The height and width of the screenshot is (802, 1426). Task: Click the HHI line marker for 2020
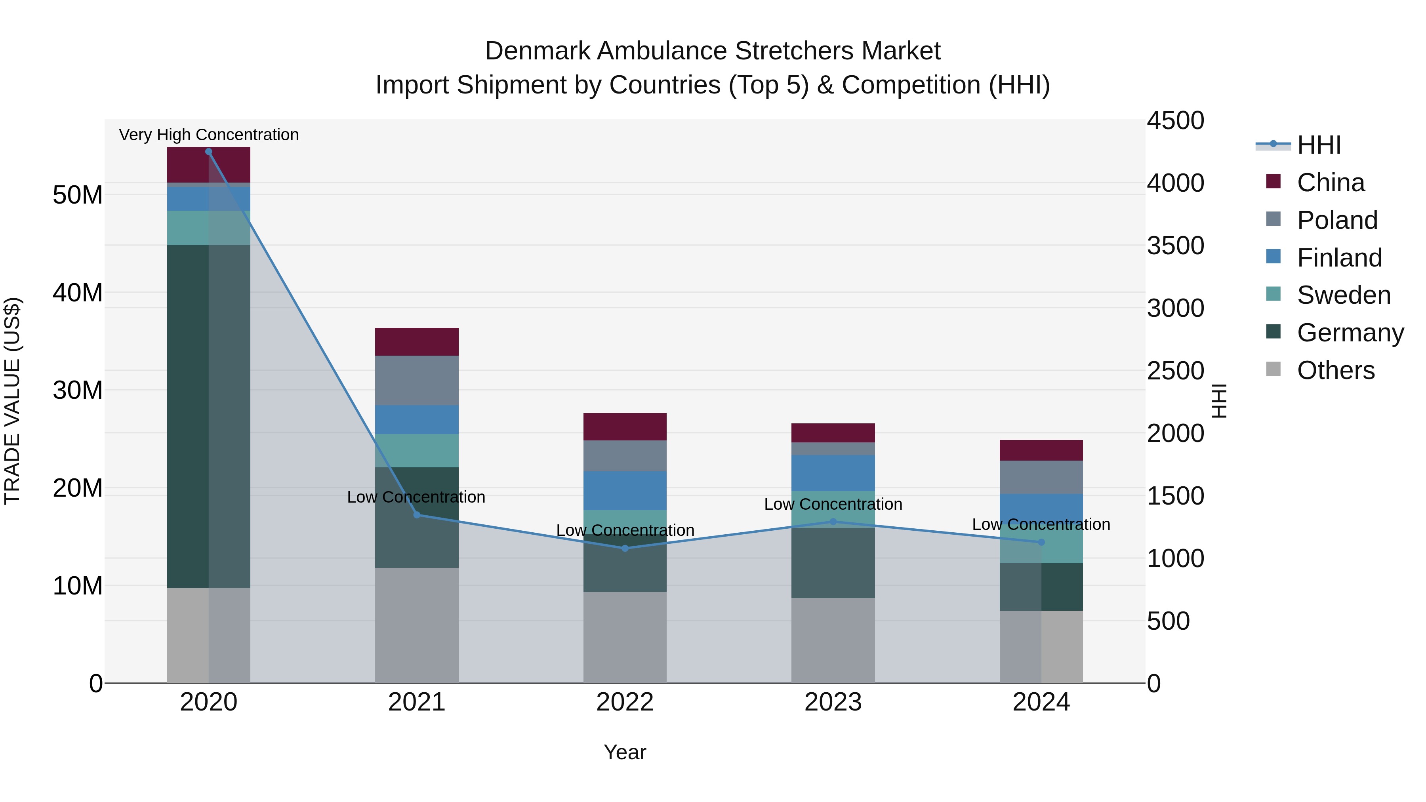209,152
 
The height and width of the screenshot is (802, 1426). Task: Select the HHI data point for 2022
625,549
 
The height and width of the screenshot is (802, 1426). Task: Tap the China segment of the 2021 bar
417,341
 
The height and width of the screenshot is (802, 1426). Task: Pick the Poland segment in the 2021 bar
417,380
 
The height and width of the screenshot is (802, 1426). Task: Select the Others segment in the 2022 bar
625,637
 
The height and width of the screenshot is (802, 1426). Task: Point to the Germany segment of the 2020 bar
188,416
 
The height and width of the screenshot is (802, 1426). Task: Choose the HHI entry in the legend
1319,145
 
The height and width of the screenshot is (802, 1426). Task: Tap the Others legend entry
1335,370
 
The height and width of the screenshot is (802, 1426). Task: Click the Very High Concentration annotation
209,135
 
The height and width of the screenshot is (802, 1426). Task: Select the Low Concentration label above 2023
833,504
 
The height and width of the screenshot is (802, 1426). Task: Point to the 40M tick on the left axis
78,293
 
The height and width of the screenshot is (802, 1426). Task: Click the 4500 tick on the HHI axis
1175,121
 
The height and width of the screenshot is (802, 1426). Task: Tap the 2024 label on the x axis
1041,702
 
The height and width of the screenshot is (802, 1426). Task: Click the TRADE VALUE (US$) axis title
12,401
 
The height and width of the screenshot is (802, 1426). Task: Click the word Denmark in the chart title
538,51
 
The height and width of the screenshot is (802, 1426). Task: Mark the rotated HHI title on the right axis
1218,401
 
